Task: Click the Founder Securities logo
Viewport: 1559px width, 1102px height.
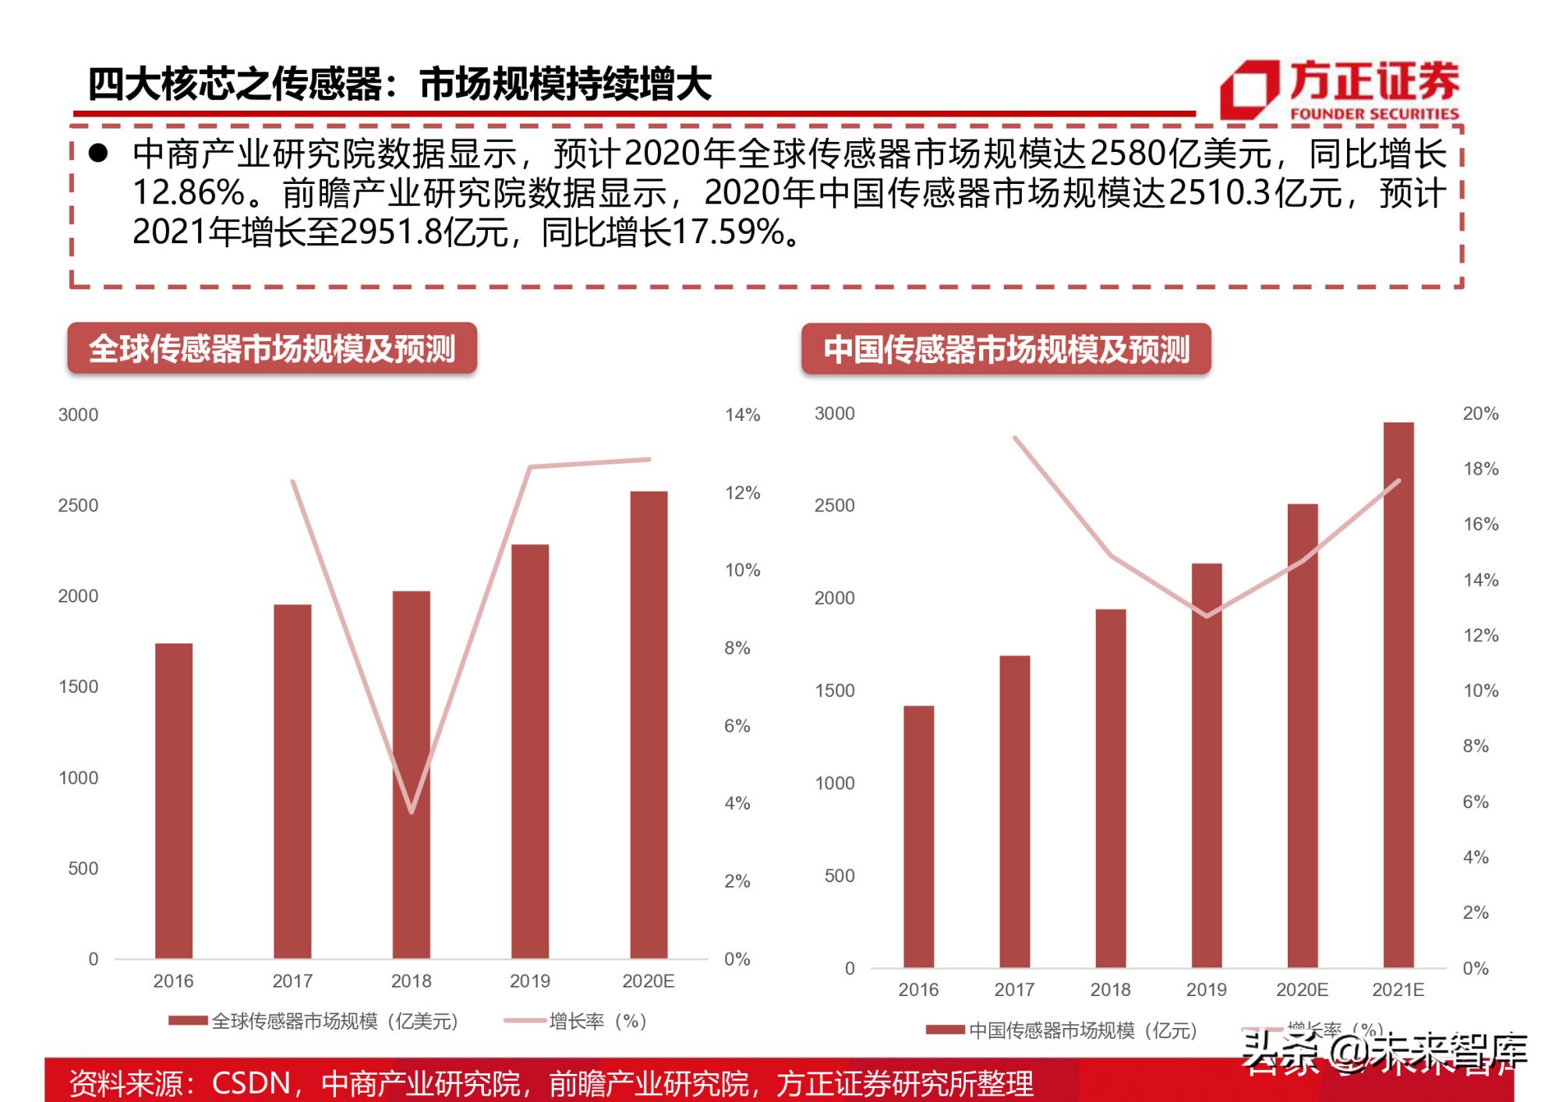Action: (1338, 89)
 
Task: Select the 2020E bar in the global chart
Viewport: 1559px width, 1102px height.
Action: (649, 725)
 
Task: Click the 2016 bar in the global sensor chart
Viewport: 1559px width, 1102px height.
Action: (174, 800)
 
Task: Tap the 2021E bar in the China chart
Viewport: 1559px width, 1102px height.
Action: (1398, 694)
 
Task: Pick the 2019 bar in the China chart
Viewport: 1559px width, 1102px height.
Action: (1207, 764)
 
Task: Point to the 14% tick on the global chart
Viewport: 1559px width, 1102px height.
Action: (742, 415)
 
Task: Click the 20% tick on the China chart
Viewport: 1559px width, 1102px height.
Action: (1480, 414)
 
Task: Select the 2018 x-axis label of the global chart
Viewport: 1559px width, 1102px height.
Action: (411, 981)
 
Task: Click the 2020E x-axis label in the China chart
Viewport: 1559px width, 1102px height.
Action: (1302, 990)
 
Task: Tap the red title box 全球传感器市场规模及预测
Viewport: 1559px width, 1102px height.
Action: (272, 348)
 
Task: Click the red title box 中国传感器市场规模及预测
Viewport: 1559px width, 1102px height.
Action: (1006, 349)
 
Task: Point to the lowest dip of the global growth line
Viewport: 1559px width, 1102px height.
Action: (411, 811)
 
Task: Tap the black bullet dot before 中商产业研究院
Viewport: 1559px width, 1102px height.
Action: (98, 153)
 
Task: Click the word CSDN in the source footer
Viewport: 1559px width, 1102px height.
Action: (250, 1083)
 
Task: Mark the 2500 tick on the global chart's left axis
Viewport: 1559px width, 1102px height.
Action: (78, 505)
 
